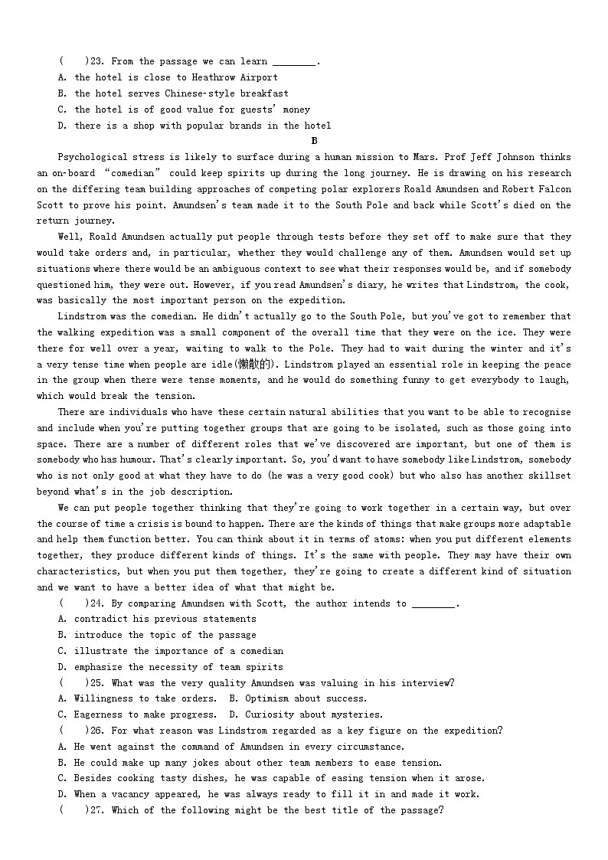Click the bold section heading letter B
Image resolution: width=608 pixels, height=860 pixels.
coord(314,141)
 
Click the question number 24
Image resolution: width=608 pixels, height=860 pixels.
coord(95,603)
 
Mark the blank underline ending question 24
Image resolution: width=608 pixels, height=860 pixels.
coord(433,603)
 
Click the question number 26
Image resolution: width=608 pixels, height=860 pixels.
coord(95,731)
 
